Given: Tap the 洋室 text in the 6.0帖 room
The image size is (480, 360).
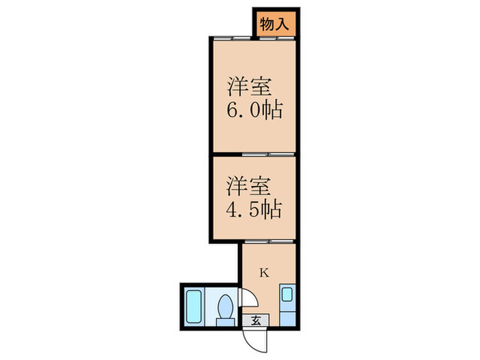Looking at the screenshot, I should click(250, 87).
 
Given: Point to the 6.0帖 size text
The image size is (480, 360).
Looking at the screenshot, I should click(254, 110).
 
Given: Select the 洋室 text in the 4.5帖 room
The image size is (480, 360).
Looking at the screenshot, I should click(250, 184).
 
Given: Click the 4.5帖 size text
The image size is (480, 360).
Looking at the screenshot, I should click(254, 208).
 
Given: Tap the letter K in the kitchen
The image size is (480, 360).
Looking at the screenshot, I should click(264, 272).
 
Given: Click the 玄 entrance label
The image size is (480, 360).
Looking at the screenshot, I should click(255, 320).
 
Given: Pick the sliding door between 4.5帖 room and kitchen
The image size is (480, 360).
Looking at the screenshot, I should click(269, 241).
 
